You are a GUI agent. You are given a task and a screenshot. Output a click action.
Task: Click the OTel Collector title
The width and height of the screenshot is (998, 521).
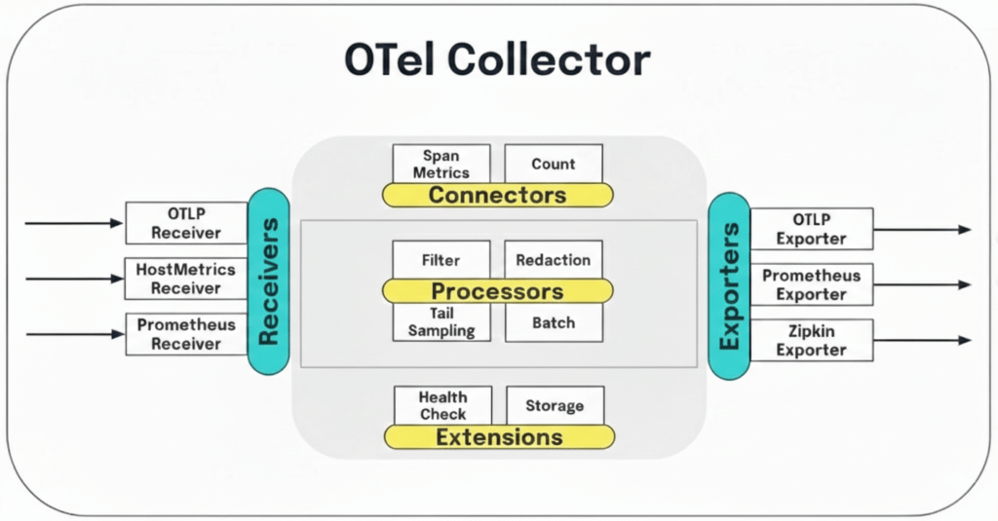click(x=497, y=60)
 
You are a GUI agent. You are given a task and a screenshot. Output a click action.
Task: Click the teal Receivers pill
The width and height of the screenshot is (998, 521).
click(x=270, y=281)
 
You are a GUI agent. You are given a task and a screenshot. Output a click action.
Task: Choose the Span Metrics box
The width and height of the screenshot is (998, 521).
click(x=441, y=163)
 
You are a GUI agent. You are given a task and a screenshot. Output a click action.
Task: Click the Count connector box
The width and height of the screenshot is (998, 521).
click(x=553, y=164)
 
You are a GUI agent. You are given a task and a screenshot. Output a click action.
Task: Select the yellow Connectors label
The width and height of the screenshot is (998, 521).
click(x=497, y=195)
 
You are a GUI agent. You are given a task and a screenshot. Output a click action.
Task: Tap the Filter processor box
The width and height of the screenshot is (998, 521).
click(x=441, y=260)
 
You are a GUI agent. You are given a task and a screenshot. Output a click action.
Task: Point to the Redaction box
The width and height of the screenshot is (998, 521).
click(x=553, y=260)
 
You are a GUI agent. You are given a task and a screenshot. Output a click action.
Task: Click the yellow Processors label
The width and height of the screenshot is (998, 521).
click(x=497, y=291)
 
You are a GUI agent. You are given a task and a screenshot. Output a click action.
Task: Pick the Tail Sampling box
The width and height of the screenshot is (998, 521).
click(x=441, y=322)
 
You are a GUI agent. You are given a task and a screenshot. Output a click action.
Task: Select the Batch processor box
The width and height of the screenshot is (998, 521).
click(x=553, y=322)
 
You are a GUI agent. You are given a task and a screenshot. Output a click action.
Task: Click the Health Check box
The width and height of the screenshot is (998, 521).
click(x=442, y=405)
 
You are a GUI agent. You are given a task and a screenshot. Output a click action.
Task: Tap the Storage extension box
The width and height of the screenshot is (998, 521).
click(x=555, y=405)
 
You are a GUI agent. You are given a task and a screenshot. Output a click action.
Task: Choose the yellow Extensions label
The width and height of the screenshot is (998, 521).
click(x=499, y=436)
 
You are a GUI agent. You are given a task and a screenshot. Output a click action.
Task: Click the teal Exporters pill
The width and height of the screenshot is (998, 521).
click(x=729, y=285)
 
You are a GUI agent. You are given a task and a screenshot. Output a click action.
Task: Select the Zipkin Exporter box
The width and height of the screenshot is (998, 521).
click(x=811, y=341)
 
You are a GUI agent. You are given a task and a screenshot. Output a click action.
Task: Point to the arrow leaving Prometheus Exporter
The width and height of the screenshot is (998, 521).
click(x=922, y=285)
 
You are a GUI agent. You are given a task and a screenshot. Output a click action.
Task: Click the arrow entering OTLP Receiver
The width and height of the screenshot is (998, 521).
click(x=73, y=224)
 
